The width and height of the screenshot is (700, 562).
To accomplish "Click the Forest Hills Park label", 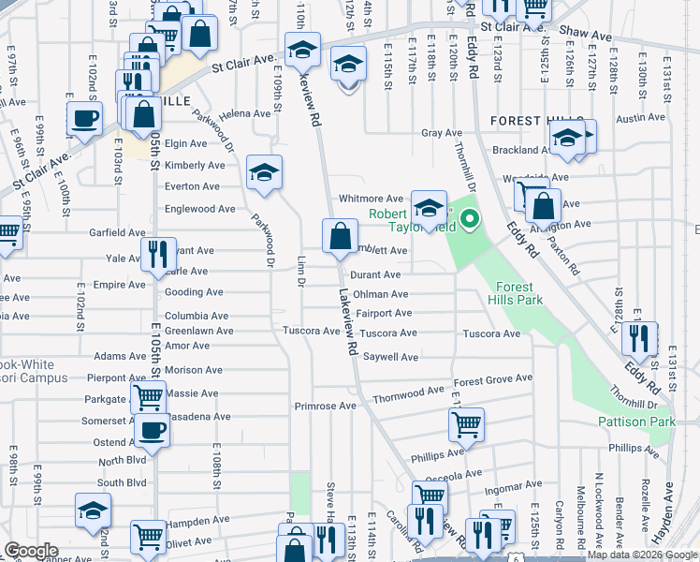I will pyautogui.click(x=515, y=294).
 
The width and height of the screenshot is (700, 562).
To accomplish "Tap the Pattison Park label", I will pyautogui.click(x=636, y=422).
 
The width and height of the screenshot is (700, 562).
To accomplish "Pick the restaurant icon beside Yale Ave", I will pyautogui.click(x=157, y=253).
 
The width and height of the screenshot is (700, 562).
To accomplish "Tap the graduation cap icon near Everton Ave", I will pyautogui.click(x=265, y=172).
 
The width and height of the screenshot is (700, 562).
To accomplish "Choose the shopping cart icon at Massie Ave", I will pyautogui.click(x=148, y=397).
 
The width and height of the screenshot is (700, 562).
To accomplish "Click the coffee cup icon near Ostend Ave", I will pyautogui.click(x=153, y=430).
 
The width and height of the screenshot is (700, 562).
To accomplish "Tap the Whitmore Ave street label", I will pyautogui.click(x=371, y=199).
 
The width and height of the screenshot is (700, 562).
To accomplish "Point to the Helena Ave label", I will pyautogui.click(x=244, y=113).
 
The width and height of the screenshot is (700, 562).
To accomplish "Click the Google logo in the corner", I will pyautogui.click(x=31, y=551).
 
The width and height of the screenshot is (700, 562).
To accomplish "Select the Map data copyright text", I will pyautogui.click(x=641, y=555).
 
